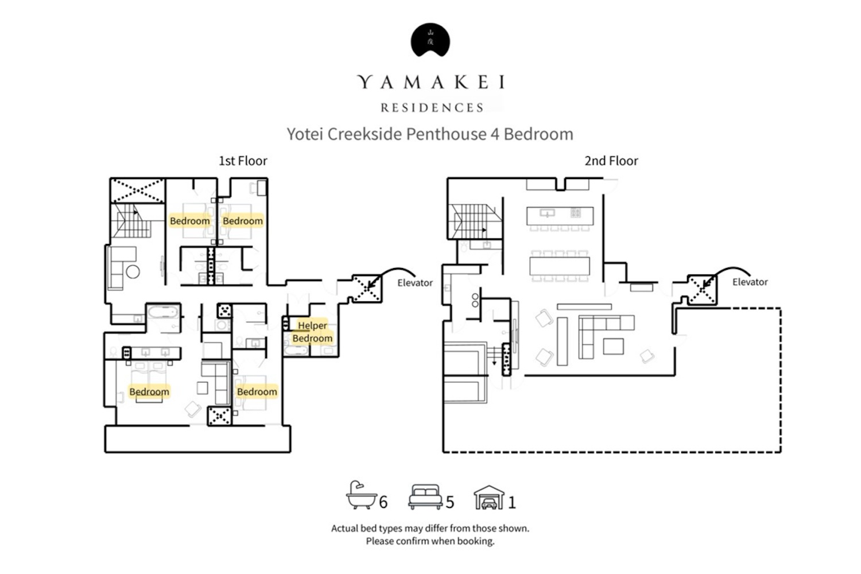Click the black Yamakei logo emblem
pyautogui.click(x=430, y=40)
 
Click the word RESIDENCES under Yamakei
pyautogui.click(x=432, y=108)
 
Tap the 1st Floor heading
pyautogui.click(x=243, y=161)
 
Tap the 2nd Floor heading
pyautogui.click(x=611, y=161)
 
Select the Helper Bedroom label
pyautogui.click(x=312, y=332)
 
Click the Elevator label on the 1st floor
pyautogui.click(x=415, y=283)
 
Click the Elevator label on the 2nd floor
pyautogui.click(x=750, y=282)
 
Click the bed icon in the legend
pyautogui.click(x=425, y=497)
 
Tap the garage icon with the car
pyautogui.click(x=489, y=497)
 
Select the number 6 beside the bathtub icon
pyautogui.click(x=383, y=502)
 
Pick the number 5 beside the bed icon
pyautogui.click(x=450, y=502)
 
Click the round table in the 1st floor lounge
pyautogui.click(x=133, y=272)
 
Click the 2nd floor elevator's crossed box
pyautogui.click(x=702, y=289)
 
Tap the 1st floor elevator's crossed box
pyautogui.click(x=367, y=288)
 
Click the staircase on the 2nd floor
pyautogui.click(x=475, y=222)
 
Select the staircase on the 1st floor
pyautogui.click(x=131, y=220)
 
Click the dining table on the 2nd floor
pyautogui.click(x=559, y=266)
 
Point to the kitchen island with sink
pyautogui.click(x=560, y=216)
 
